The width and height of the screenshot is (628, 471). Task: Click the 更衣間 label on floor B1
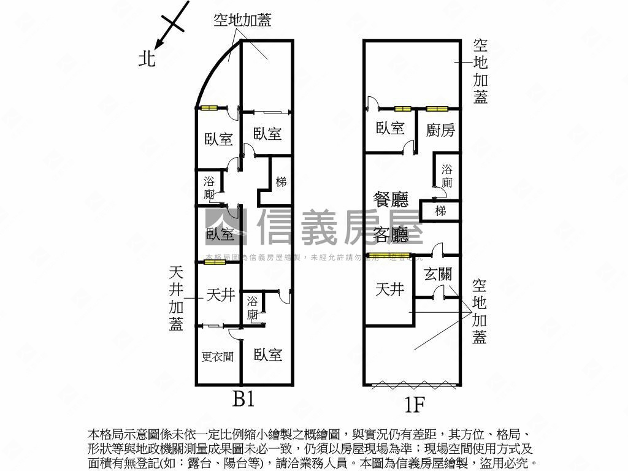[218, 356]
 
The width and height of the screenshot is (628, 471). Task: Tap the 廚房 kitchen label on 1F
[440, 129]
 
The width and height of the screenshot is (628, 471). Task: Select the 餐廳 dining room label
[391, 199]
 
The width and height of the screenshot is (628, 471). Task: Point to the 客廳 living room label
[391, 234]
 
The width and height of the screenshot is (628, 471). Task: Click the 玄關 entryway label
[438, 274]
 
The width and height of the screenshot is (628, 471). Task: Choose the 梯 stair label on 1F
[440, 211]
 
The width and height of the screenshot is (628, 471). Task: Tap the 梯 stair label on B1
[281, 182]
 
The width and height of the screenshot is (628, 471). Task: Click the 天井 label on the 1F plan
[390, 289]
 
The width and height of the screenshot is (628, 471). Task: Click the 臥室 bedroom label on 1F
[390, 128]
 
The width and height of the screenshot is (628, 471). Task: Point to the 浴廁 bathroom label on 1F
[446, 176]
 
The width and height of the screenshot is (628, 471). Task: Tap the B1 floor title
[243, 399]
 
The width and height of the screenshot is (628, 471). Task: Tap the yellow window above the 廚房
[437, 109]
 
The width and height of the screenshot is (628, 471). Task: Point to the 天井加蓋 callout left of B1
[176, 298]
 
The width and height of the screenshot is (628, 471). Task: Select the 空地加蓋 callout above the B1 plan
[242, 20]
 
